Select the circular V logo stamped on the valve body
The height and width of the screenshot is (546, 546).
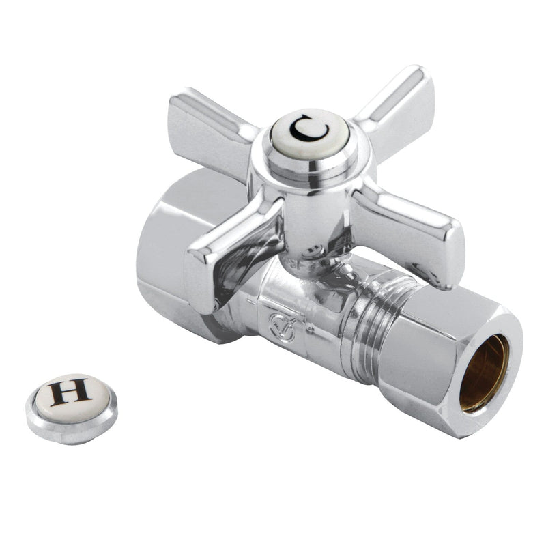pos(282,328)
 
